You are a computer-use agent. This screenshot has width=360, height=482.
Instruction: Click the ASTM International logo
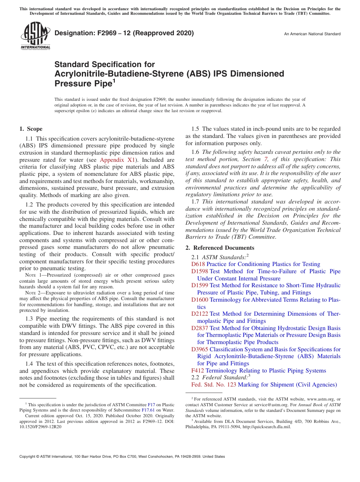35,36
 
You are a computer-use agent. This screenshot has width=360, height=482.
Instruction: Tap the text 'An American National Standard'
312,34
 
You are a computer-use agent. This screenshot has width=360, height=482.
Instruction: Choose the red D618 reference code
198,264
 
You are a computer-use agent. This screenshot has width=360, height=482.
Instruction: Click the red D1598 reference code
200,271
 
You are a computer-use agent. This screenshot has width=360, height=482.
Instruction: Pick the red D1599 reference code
200,285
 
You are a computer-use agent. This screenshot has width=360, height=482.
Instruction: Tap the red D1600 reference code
200,300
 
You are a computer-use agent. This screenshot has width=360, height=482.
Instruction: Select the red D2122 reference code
200,314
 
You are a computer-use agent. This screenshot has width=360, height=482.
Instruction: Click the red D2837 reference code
200,328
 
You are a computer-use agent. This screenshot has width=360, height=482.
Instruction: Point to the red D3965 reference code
200,349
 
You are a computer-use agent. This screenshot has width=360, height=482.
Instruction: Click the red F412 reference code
198,371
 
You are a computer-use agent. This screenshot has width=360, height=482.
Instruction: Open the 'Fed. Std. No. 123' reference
214,385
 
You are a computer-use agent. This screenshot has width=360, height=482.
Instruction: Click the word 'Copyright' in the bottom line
28,457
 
